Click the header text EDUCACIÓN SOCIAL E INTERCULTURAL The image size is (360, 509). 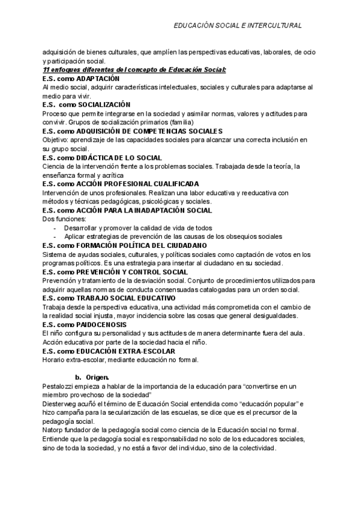(x=237, y=26)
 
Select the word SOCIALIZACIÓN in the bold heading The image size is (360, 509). (x=104, y=104)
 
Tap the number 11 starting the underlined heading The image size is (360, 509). (x=47, y=70)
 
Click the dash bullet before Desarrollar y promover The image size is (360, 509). (x=55, y=228)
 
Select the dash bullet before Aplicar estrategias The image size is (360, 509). (x=55, y=236)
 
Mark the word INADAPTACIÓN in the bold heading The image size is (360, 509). (x=158, y=210)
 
